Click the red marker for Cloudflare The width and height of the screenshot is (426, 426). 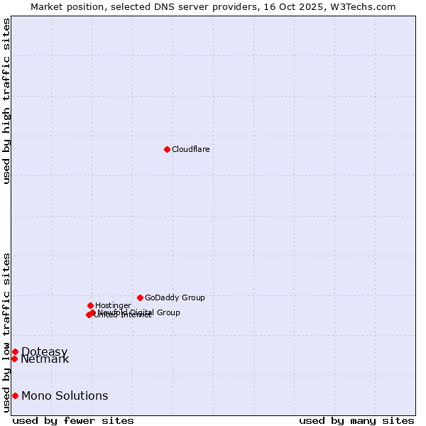(x=167, y=149)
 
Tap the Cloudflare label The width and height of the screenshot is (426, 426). (x=190, y=149)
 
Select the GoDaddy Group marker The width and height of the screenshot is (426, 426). (x=140, y=297)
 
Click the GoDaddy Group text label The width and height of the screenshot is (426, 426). (x=175, y=297)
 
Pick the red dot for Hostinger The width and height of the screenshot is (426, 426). (x=90, y=305)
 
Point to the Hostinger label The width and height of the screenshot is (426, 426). (x=113, y=305)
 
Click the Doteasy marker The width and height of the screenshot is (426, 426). (x=15, y=351)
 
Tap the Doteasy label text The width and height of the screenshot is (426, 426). (x=44, y=352)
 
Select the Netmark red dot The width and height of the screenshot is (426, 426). (x=14, y=359)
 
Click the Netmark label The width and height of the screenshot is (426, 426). (x=45, y=359)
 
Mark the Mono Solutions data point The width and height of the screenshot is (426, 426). (x=15, y=395)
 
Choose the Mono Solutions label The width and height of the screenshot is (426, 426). (x=65, y=396)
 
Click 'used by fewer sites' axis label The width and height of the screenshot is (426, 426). (x=73, y=420)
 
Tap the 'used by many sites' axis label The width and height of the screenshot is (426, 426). (x=356, y=420)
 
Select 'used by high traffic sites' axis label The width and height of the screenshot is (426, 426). (x=6, y=101)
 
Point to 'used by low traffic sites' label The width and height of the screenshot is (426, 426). (x=6, y=332)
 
